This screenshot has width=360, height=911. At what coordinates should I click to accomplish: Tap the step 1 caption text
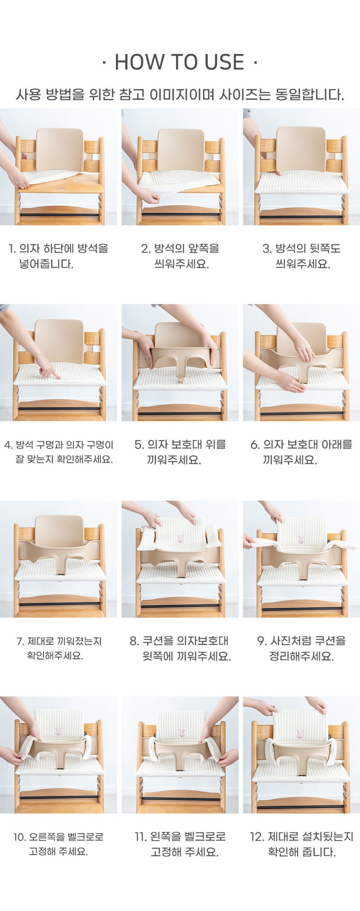tap(59, 256)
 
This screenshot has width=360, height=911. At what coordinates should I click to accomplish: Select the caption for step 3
tap(302, 256)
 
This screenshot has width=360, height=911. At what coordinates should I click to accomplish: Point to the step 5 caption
tap(180, 452)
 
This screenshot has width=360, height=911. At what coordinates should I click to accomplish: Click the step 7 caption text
tap(59, 648)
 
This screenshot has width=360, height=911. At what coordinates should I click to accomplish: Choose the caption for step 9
tap(301, 648)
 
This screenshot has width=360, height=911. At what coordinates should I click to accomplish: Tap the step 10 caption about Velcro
tap(58, 844)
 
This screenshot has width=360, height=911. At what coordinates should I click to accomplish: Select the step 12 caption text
tap(301, 844)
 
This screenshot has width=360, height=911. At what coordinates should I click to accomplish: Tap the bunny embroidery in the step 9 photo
tap(301, 539)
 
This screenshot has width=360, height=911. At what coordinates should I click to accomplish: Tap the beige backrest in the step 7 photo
tap(59, 532)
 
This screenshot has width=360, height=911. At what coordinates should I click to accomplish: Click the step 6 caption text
tap(301, 452)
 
